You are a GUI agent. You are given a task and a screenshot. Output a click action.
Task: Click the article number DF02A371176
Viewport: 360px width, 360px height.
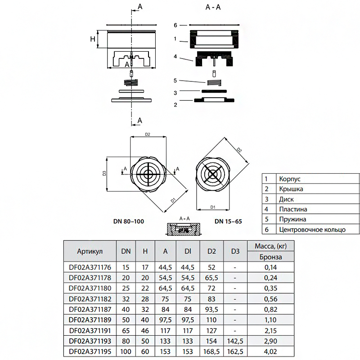(x=90, y=267)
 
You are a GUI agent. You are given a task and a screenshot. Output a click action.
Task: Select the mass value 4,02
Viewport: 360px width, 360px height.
(x=270, y=351)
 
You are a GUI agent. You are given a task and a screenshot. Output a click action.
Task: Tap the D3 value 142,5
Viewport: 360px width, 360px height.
(x=235, y=341)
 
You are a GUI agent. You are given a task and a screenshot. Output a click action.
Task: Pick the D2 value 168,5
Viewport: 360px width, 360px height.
(x=211, y=351)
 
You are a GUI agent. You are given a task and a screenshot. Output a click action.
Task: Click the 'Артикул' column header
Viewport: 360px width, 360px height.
(x=90, y=252)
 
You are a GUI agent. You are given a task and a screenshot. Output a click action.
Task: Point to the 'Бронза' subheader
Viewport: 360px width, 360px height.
(x=271, y=256)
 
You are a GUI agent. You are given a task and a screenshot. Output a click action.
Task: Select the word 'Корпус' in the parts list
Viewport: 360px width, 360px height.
(x=290, y=179)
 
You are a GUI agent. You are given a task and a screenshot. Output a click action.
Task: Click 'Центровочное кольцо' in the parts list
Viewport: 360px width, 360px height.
(x=312, y=229)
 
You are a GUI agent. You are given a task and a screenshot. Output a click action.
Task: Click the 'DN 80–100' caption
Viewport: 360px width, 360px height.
(x=129, y=221)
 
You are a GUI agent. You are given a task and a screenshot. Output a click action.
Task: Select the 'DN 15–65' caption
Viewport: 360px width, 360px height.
(x=228, y=221)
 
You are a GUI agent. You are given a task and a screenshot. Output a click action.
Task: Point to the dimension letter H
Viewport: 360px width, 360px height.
(x=93, y=39)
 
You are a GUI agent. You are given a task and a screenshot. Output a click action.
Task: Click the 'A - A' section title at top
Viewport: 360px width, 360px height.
(x=213, y=7)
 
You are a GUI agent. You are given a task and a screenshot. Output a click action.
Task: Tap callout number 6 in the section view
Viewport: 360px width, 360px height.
(x=175, y=25)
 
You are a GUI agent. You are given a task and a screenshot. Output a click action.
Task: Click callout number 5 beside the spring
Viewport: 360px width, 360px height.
(x=175, y=81)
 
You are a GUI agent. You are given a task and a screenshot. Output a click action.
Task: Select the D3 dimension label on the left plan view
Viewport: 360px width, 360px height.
(x=104, y=173)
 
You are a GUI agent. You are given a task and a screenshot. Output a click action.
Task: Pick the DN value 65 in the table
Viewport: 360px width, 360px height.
(x=126, y=331)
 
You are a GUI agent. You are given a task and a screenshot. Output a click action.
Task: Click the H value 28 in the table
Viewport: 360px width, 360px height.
(x=145, y=299)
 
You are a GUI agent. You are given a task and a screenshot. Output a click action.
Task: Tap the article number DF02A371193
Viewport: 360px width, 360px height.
(x=90, y=341)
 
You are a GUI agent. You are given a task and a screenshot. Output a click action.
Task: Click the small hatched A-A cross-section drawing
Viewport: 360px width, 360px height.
(x=184, y=229)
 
